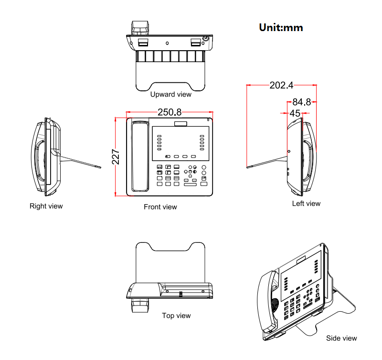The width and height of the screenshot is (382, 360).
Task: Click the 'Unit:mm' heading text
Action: [x=281, y=27]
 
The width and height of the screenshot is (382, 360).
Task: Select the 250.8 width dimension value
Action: [x=170, y=112]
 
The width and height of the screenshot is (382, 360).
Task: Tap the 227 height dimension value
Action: [x=116, y=156]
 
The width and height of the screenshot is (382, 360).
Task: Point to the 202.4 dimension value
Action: [x=281, y=86]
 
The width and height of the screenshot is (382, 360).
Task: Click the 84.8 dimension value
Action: [x=301, y=102]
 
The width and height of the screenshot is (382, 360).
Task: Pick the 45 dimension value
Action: [x=295, y=113]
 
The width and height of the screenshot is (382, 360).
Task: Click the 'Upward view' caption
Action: [x=170, y=94]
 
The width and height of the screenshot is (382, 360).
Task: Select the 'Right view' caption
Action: [x=46, y=206]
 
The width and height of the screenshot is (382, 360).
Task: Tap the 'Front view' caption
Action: [x=160, y=207]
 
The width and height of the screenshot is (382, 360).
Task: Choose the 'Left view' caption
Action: [x=306, y=204]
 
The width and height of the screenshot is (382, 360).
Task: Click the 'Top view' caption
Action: [x=176, y=316]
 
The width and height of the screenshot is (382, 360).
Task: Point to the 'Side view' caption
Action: [x=341, y=338]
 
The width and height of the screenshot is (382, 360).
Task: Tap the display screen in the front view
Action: [x=180, y=143]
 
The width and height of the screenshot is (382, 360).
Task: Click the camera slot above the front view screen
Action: [x=180, y=124]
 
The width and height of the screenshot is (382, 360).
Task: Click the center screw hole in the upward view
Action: [x=167, y=43]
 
